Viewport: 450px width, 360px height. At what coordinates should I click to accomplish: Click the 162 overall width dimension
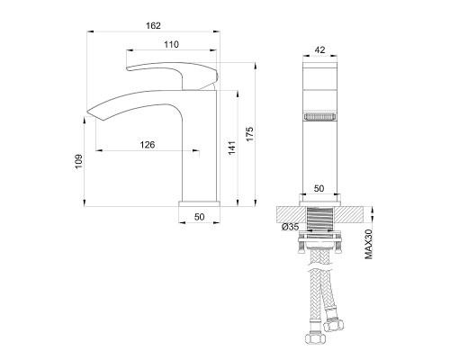[153, 26]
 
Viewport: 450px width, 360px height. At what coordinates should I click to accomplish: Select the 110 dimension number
[171, 44]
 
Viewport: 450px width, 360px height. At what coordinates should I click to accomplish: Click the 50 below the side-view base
[200, 217]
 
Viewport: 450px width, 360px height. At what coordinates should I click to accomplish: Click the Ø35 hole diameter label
[290, 227]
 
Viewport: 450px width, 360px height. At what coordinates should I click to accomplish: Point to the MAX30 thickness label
[370, 244]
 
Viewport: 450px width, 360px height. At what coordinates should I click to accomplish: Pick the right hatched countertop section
[354, 214]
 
